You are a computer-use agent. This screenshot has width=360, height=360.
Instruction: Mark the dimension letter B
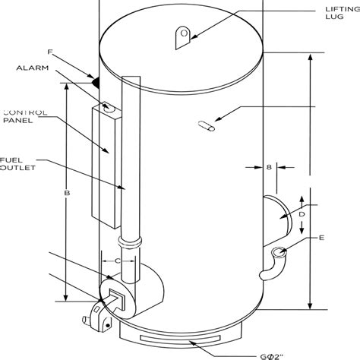[x=67, y=194]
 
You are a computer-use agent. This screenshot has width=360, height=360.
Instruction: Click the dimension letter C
[x=118, y=261]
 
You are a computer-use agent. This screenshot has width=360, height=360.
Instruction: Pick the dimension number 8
[x=268, y=168]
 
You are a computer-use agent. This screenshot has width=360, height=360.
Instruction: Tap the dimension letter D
[x=301, y=215]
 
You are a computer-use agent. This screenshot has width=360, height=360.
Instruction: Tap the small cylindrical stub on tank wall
[x=205, y=127]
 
